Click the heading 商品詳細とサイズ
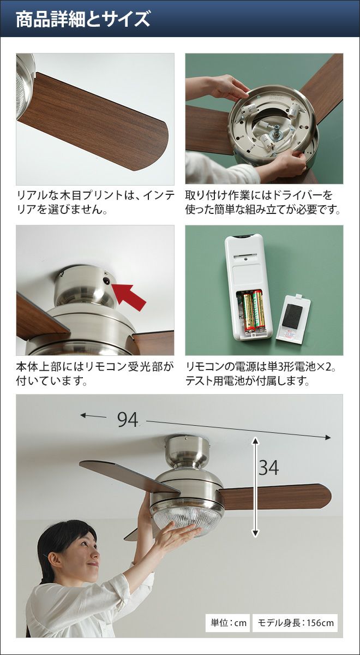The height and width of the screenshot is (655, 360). [83, 19]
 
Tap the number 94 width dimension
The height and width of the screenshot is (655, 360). [128, 420]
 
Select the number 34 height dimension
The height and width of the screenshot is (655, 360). [268, 468]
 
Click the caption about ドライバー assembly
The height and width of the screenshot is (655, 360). [263, 203]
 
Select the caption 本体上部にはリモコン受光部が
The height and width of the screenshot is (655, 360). [95, 366]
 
